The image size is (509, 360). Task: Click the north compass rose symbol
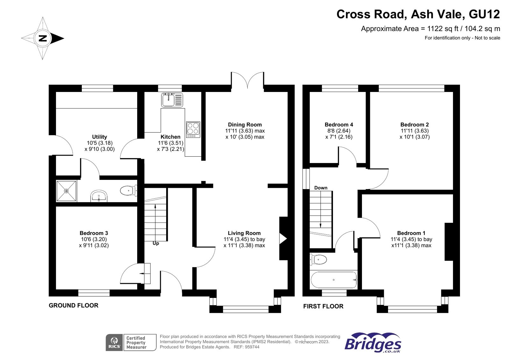click(x=43, y=39)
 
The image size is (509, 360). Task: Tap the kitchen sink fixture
click(x=172, y=100)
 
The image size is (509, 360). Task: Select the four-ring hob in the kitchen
click(x=193, y=130)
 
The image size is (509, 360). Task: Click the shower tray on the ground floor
click(x=67, y=191)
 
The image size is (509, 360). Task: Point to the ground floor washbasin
click(x=99, y=196)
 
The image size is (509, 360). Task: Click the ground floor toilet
click(x=128, y=191)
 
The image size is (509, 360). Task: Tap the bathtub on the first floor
click(x=334, y=280)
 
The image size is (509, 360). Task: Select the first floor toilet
click(x=318, y=259)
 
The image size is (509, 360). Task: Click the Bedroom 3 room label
click(x=94, y=233)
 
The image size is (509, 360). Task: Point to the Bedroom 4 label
click(x=339, y=125)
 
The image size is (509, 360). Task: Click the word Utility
click(x=100, y=137)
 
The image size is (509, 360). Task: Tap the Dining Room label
click(x=245, y=125)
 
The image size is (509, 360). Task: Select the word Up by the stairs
click(x=156, y=243)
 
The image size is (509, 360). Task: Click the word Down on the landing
click(x=321, y=188)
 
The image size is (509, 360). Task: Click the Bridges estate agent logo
click(x=373, y=342)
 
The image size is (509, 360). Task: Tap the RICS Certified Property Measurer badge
click(x=131, y=342)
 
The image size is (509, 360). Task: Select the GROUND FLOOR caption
click(x=74, y=305)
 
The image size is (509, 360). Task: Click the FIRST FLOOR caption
click(x=323, y=306)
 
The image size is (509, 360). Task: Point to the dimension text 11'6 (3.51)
click(x=171, y=143)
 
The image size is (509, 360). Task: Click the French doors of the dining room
click(x=247, y=80)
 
